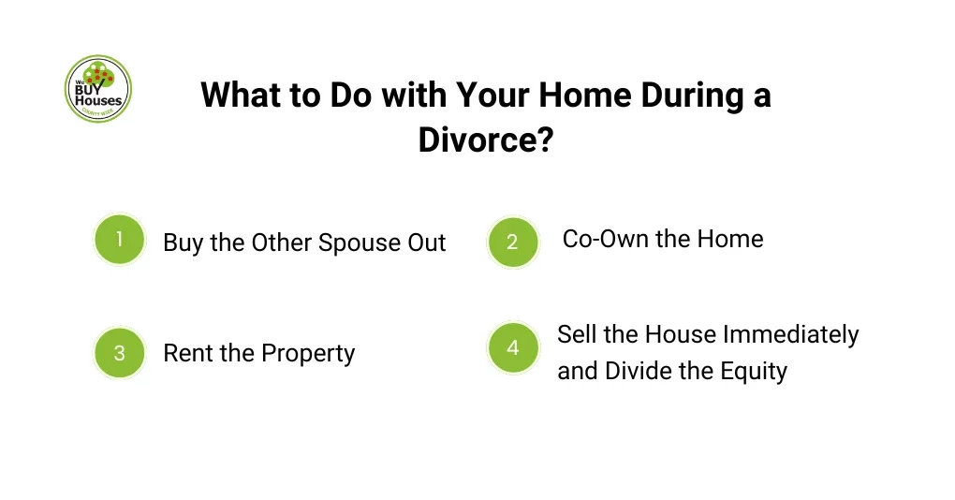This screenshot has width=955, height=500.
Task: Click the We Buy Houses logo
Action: click(x=98, y=89)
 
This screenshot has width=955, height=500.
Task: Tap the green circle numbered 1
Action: click(x=120, y=240)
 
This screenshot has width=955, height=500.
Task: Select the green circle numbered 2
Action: click(x=512, y=243)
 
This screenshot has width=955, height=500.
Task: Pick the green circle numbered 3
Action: click(x=120, y=353)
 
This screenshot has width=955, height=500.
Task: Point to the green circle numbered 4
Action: click(x=512, y=348)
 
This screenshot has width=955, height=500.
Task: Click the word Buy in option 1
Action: click(x=183, y=243)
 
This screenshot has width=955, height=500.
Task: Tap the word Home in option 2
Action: click(x=731, y=239)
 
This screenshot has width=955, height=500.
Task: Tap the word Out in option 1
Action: click(x=426, y=243)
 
